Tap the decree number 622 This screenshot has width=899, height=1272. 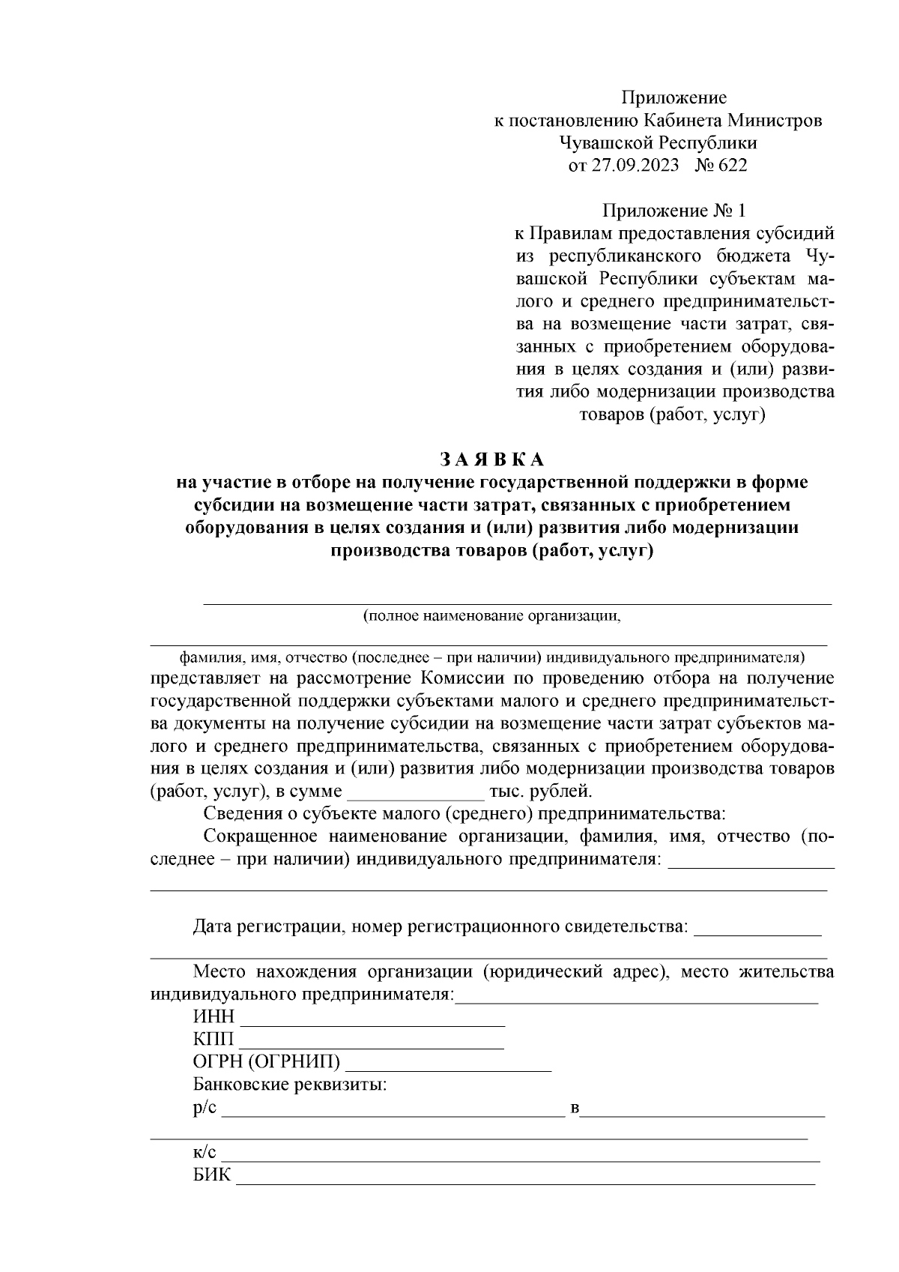pyautogui.click(x=732, y=166)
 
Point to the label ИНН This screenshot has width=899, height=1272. pyautogui.click(x=214, y=1017)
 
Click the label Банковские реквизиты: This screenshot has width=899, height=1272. pyautogui.click(x=290, y=1085)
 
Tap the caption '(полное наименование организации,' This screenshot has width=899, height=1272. pyautogui.click(x=492, y=616)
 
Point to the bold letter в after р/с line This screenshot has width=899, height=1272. pyautogui.click(x=575, y=1109)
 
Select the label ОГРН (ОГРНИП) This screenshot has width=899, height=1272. pyautogui.click(x=267, y=1062)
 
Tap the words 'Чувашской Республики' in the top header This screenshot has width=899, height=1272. pyautogui.click(x=658, y=142)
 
